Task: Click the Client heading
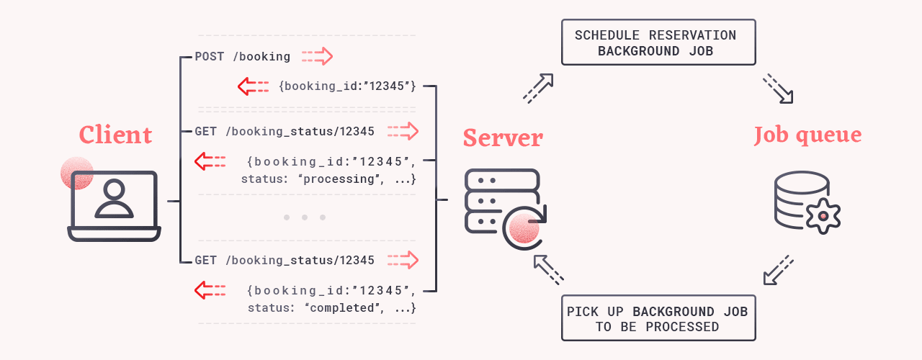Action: (x=115, y=135)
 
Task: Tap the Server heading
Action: (x=503, y=137)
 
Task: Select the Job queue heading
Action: (x=807, y=135)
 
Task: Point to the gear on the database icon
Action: (x=823, y=215)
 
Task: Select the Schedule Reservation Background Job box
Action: (x=658, y=42)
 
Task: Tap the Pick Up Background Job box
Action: (x=658, y=318)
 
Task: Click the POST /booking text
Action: (x=243, y=56)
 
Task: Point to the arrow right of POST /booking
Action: (x=318, y=56)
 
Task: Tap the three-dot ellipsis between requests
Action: (x=305, y=217)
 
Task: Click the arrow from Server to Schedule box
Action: (x=538, y=88)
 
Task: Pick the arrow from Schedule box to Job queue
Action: (x=778, y=88)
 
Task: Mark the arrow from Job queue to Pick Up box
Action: (x=778, y=269)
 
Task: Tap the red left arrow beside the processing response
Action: (x=210, y=161)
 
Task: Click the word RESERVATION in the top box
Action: (x=693, y=35)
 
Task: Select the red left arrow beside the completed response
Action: (x=210, y=290)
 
